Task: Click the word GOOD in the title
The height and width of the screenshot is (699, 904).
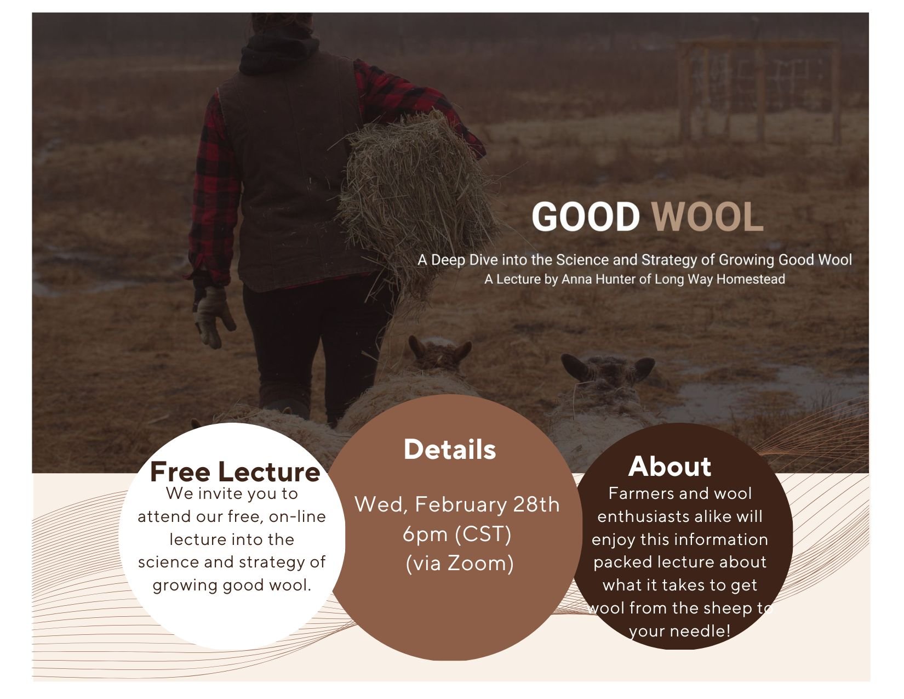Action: tap(585, 217)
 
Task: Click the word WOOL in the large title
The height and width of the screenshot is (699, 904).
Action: tap(707, 217)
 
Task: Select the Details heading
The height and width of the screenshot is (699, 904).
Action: tap(450, 450)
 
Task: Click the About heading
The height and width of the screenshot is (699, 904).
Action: tap(670, 467)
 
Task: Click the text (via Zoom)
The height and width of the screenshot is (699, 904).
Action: tap(460, 563)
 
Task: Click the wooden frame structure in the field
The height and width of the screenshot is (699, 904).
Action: tap(759, 90)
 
